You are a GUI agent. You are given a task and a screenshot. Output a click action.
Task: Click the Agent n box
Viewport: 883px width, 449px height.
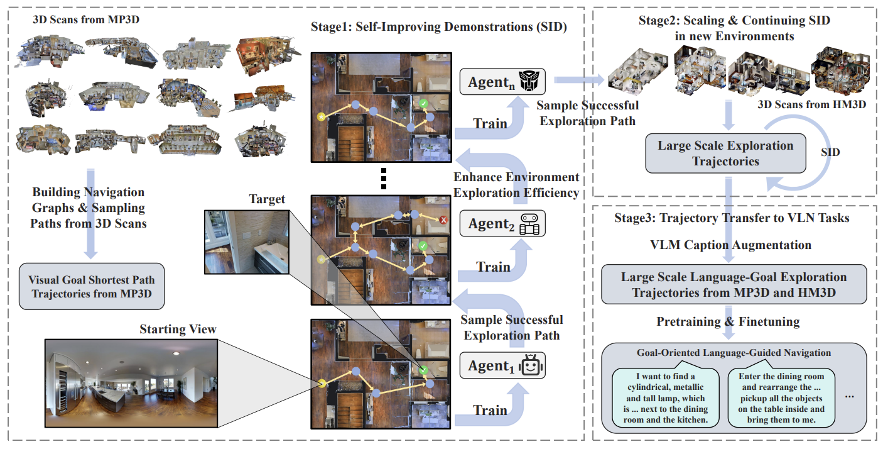[502, 82]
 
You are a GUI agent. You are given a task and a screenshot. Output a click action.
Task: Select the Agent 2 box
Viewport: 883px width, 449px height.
[502, 223]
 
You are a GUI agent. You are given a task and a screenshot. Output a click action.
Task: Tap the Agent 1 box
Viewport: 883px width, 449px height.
[502, 365]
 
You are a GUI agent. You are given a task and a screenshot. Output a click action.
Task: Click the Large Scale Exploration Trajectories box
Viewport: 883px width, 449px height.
[725, 153]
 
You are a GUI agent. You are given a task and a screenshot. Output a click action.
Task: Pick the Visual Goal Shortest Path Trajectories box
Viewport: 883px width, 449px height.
[91, 286]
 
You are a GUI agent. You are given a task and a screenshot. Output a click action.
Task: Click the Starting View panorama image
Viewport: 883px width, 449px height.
[131, 382]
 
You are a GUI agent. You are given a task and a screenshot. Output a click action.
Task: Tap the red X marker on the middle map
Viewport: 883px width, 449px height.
[443, 220]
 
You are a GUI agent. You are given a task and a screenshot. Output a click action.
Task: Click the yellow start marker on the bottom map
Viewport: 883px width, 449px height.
[322, 382]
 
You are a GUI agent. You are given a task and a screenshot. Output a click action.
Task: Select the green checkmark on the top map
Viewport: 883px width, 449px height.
[424, 103]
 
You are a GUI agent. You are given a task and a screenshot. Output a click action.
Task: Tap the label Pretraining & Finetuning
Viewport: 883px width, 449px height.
[728, 322]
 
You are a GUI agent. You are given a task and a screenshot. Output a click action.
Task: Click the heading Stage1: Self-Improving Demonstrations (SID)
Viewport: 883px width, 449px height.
[439, 28]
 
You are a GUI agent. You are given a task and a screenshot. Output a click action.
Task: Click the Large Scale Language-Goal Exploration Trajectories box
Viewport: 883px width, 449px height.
[734, 284]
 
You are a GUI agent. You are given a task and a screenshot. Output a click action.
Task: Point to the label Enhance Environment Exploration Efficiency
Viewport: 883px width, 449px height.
[516, 185]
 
